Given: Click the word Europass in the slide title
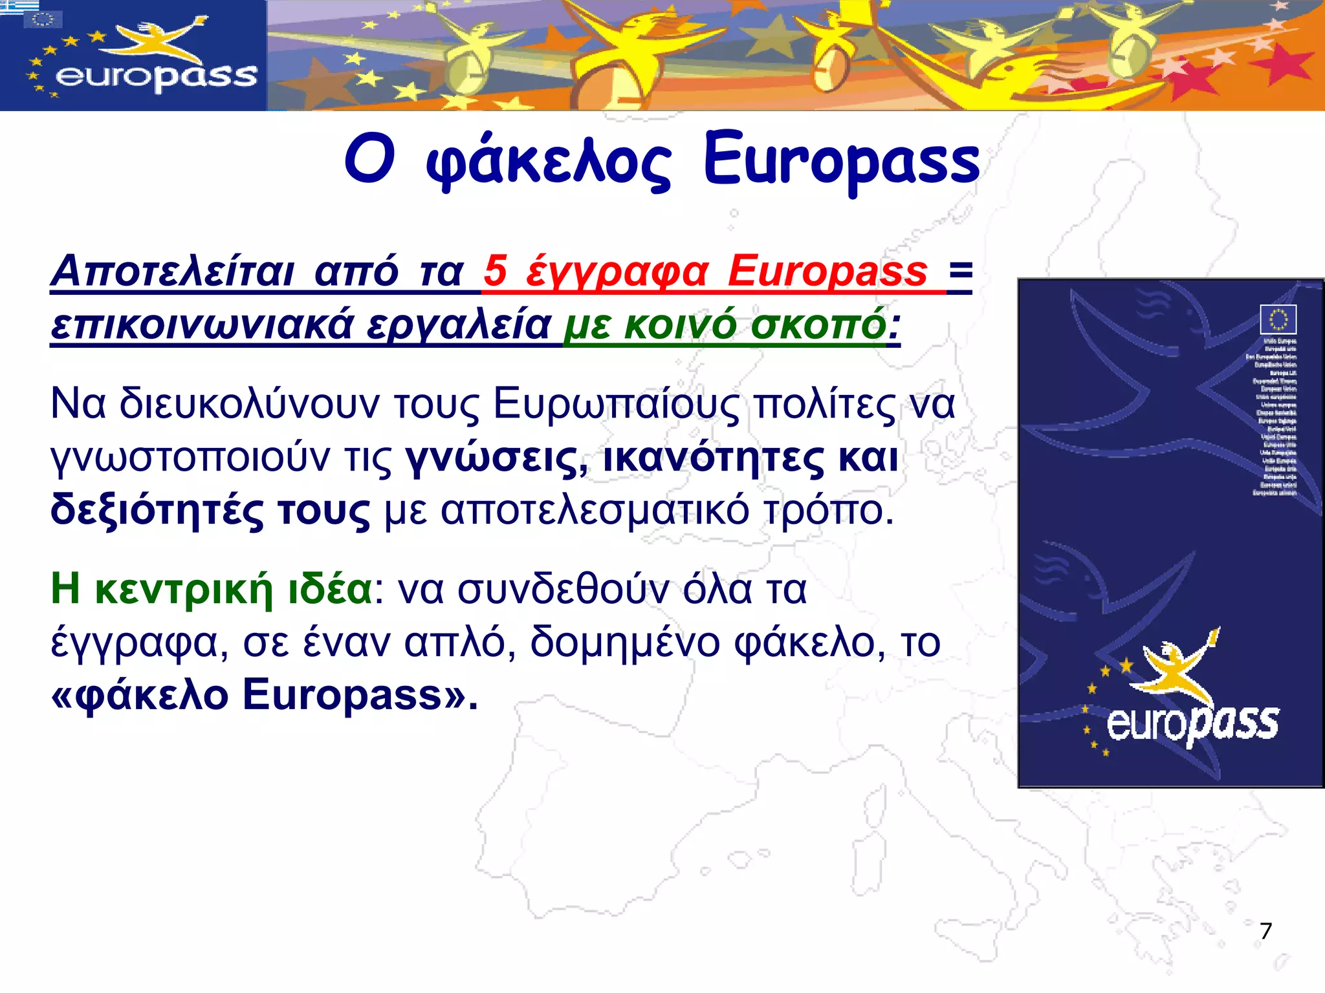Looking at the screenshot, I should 841,162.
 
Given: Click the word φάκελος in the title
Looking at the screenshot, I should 549,162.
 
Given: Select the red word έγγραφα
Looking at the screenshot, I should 617,272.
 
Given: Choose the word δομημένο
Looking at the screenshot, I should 625,643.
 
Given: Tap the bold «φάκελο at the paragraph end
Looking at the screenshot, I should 139,696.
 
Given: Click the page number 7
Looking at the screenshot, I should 1265,931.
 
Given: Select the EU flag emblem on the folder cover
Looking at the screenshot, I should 1278,319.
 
